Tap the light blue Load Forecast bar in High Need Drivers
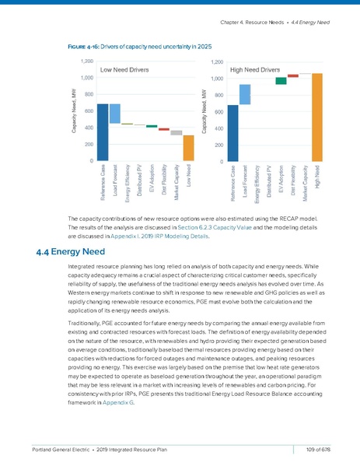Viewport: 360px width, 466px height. [x=244, y=94]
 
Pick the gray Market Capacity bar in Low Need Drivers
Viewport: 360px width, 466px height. [x=177, y=133]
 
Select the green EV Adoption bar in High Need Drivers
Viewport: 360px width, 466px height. [x=281, y=80]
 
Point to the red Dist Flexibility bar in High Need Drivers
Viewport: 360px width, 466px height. [x=292, y=75]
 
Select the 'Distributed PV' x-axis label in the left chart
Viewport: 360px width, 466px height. [x=139, y=177]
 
